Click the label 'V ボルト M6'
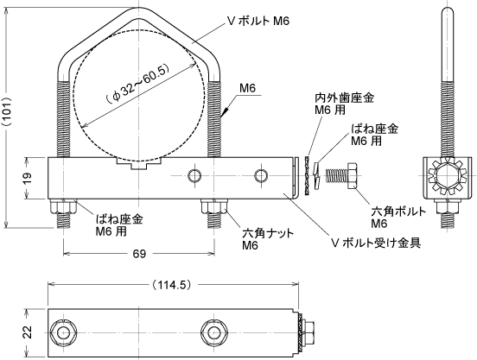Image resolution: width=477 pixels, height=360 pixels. point(259,21)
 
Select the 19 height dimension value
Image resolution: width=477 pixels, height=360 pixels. point(28,178)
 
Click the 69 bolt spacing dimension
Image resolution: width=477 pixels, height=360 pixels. point(139,253)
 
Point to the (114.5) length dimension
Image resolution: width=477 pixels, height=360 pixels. point(173,285)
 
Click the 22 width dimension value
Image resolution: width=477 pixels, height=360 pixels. point(28,332)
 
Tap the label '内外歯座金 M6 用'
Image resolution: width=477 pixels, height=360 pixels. point(345,104)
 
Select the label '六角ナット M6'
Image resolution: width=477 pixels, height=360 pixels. point(268,239)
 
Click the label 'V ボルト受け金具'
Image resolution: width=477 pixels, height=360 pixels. point(376,243)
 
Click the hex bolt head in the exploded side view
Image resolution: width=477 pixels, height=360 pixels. point(353,175)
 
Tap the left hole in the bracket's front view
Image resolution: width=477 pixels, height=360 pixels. point(194,175)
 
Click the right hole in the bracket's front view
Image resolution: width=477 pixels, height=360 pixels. point(261,175)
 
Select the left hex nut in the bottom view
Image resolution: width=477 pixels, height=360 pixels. point(63,332)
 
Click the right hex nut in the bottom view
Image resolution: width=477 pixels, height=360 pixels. point(214,332)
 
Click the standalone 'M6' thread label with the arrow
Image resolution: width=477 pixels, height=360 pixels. point(248,88)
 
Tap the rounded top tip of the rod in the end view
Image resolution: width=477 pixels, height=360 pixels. point(448,7)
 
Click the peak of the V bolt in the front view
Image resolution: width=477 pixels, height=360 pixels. point(139,8)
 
